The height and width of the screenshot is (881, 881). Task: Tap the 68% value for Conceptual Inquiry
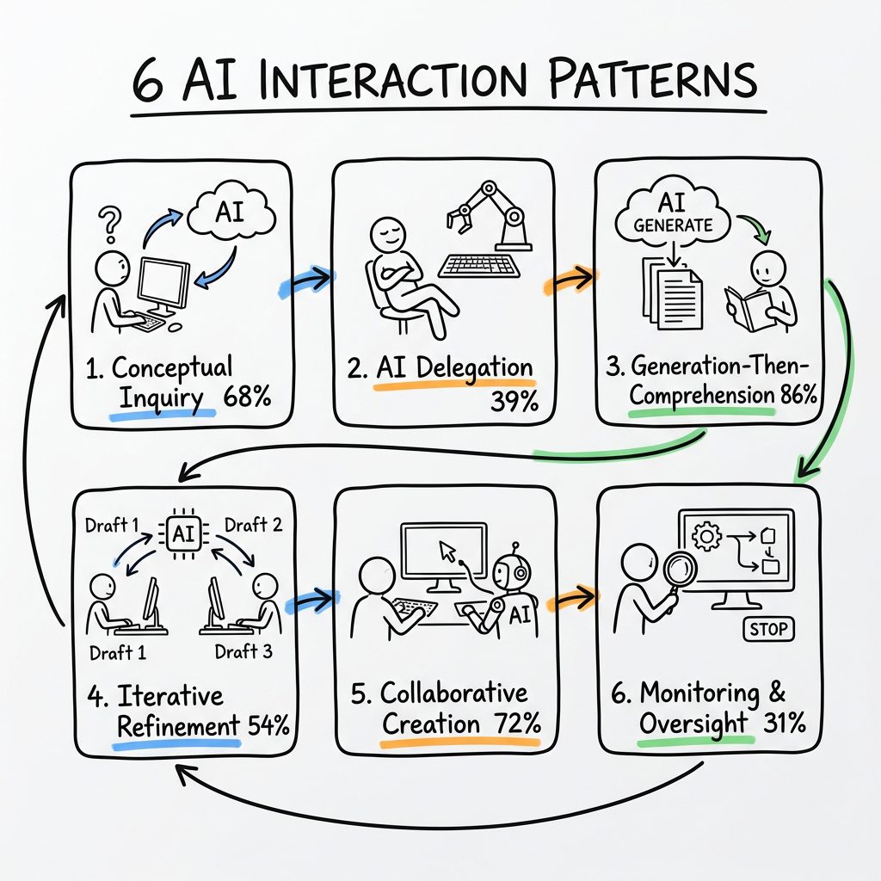247,397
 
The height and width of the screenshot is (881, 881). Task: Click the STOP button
768,629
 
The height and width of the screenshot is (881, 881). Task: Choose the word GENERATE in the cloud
675,225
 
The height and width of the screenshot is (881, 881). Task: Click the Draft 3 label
243,651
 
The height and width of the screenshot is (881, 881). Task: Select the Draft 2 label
251,524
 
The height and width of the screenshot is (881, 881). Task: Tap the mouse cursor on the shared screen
447,550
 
